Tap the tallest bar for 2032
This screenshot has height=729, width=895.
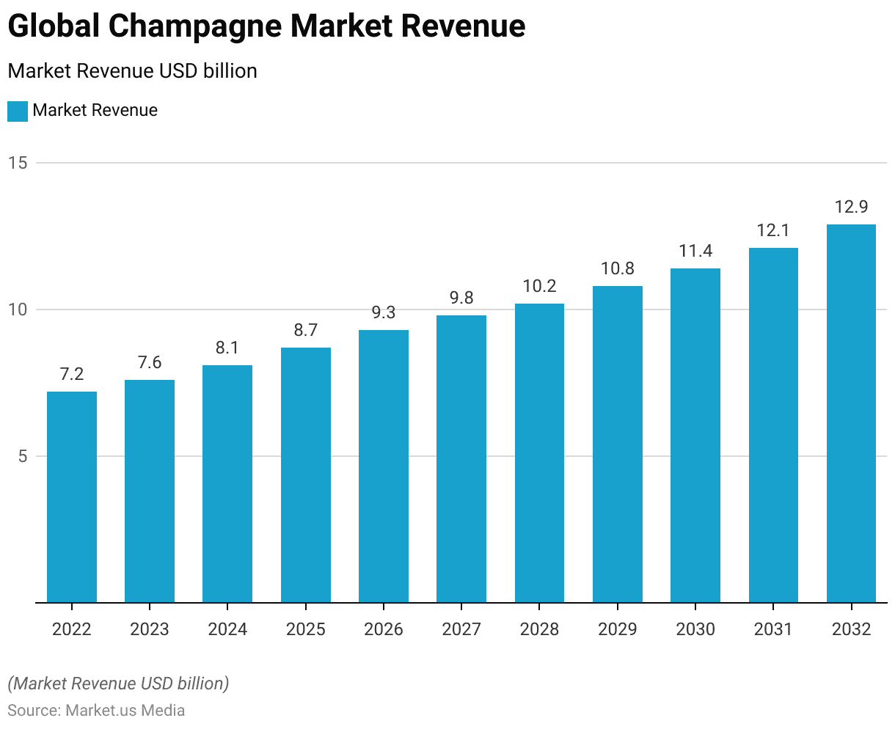851,414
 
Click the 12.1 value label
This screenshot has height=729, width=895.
773,230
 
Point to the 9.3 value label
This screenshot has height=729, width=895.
384,312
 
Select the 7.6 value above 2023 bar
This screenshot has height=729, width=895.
150,362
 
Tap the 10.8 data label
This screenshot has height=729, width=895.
618,268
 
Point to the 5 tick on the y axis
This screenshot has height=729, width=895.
21,456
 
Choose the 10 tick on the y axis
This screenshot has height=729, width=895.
18,309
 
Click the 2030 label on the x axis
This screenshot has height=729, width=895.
695,629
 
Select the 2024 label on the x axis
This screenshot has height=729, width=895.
227,629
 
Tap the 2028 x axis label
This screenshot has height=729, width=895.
539,629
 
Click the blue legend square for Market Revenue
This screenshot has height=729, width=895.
18,111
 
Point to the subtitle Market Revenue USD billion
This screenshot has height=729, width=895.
132,71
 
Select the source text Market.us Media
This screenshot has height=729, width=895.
125,710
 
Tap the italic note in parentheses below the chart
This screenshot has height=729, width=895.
118,684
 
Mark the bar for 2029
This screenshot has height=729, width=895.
618,444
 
